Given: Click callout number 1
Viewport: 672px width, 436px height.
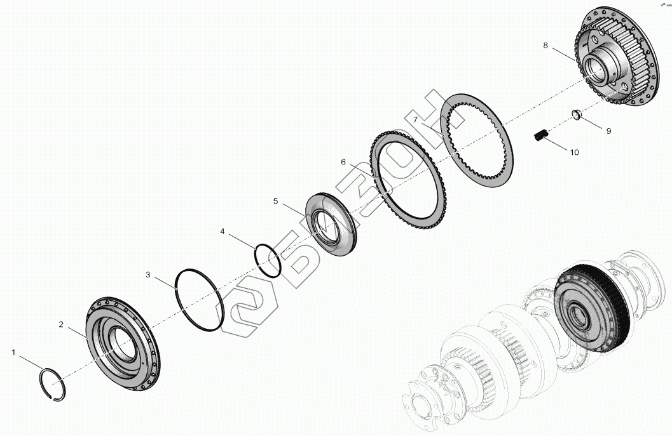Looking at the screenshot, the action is coord(14,352).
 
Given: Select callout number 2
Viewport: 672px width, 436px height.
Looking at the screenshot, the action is coord(61,325).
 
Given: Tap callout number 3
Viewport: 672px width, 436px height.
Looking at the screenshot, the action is coord(148,274).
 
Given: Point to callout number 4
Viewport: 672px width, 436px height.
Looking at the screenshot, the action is coord(222,232).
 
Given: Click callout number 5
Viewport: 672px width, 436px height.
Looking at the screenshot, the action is coord(275,201).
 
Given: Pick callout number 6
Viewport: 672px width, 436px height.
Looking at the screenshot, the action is coord(343,162).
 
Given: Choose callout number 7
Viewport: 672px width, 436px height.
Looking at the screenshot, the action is coord(415,119).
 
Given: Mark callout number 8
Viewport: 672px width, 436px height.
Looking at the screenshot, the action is coord(545,45).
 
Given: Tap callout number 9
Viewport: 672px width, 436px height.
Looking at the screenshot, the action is coord(608,131).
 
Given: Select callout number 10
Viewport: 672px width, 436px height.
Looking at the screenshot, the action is coord(574,152).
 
